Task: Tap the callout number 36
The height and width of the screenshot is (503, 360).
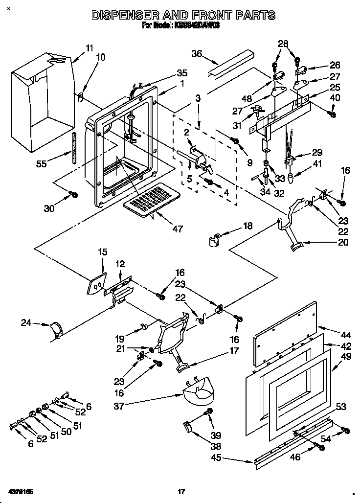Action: coord(197,54)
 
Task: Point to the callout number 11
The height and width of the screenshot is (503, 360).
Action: coord(89,48)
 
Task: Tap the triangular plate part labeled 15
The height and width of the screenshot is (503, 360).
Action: coord(96,285)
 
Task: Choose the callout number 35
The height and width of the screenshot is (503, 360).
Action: coord(181,74)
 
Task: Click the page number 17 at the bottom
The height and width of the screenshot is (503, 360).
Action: coord(181,491)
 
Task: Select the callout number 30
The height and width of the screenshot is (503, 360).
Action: coord(49,208)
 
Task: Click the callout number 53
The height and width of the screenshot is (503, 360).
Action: coord(341,407)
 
